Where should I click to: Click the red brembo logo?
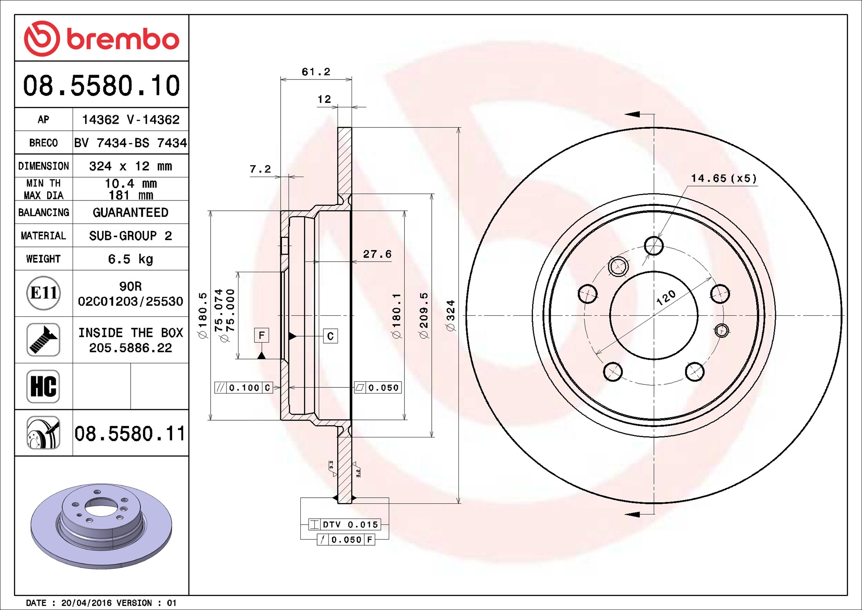coord(102,39)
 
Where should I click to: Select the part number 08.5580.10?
coord(102,86)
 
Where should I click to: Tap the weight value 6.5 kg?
coord(130,259)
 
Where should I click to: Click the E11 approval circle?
coord(43,293)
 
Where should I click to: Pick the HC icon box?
coord(43,386)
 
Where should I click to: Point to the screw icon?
coord(43,339)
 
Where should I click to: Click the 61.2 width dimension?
coord(316,72)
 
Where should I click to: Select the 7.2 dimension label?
coord(260,169)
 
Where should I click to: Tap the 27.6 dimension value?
coord(377,254)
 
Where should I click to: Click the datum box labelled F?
coord(261,335)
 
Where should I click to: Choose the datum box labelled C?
coord(330,336)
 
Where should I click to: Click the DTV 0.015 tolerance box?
coord(344,524)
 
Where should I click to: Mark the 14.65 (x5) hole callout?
coord(724,178)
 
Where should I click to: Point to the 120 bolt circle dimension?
coord(666,298)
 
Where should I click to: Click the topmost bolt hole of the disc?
coord(653,246)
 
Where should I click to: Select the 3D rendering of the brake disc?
coord(101,526)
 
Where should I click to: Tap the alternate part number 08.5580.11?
coord(130,433)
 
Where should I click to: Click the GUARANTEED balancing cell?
coord(130,212)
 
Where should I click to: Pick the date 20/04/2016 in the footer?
coord(86,603)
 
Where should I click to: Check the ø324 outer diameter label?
coord(450,316)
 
